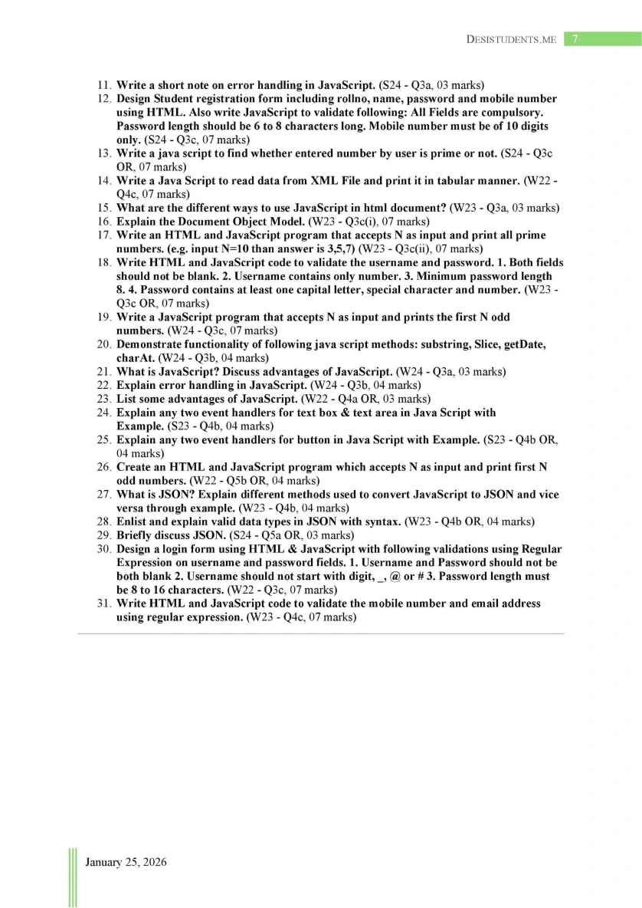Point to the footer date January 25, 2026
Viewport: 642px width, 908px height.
tap(126, 862)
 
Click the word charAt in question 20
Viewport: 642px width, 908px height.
tap(135, 358)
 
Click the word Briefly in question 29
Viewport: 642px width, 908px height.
tap(136, 535)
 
